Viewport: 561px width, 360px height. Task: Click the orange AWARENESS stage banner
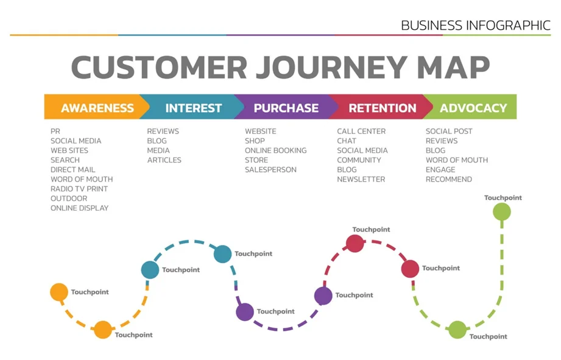pos(97,108)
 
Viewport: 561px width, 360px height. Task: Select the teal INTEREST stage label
pos(193,108)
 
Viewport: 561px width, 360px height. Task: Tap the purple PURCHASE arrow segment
pos(286,108)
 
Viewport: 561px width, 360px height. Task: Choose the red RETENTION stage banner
pos(382,108)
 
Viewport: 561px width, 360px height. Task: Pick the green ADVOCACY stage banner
pos(473,108)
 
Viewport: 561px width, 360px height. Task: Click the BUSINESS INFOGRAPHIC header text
pos(475,26)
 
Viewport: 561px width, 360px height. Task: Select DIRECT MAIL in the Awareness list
pos(72,169)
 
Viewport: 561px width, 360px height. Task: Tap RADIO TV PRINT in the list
pos(79,189)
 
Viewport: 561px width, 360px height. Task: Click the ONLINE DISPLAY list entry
pos(79,208)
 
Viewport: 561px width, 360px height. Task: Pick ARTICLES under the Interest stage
pos(164,160)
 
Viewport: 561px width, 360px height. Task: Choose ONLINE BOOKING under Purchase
pos(275,150)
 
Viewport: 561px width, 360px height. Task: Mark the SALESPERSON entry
pos(270,170)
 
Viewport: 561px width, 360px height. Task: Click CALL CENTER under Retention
pos(361,131)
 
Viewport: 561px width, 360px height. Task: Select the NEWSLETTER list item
pos(361,180)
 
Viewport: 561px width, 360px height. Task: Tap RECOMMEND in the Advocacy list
pos(448,180)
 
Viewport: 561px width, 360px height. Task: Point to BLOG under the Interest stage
pos(157,141)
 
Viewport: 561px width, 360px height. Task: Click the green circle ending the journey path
pos(502,211)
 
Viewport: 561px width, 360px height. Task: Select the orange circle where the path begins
pos(59,292)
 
